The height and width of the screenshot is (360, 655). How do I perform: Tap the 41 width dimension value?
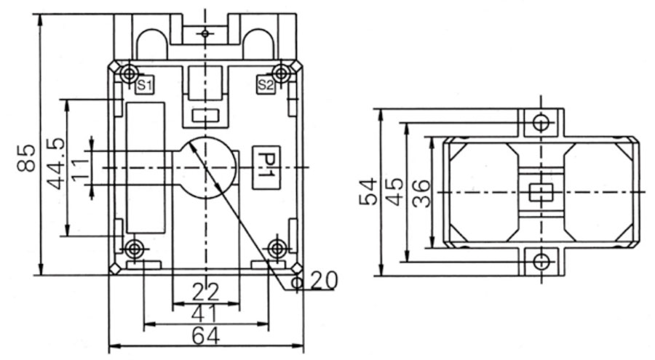207,313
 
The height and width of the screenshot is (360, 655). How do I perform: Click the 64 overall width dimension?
205,335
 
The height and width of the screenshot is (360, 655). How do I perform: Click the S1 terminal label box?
144,86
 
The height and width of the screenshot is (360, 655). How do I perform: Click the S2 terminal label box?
266,86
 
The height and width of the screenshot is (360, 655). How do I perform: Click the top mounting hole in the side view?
539,121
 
